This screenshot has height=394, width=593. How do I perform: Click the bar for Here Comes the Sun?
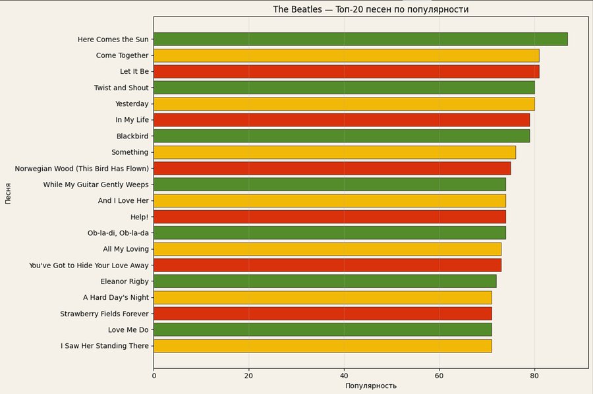click(x=360, y=40)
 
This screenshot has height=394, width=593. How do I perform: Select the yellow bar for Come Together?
click(x=346, y=55)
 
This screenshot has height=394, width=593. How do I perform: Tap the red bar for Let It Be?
click(x=346, y=71)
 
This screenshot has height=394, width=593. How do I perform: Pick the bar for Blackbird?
click(x=341, y=136)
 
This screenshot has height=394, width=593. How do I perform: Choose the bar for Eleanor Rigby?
click(x=325, y=281)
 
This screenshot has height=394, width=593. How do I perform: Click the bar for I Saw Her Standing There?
click(x=322, y=346)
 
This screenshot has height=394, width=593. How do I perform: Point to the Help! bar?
click(x=329, y=217)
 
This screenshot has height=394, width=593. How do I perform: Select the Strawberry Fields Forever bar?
click(x=322, y=314)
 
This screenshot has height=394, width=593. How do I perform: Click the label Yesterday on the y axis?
click(x=132, y=104)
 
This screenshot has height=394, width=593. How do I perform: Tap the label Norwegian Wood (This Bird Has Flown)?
click(x=82, y=169)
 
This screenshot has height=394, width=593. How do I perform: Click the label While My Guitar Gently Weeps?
click(x=96, y=184)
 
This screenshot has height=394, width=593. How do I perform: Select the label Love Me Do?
click(x=128, y=330)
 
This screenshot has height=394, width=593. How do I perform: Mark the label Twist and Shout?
click(x=121, y=88)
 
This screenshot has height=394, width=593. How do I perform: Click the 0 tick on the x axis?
click(x=154, y=376)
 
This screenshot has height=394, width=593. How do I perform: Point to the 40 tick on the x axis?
click(x=344, y=376)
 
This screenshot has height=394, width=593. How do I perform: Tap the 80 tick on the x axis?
click(x=534, y=376)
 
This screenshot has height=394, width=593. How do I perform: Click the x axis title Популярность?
click(x=371, y=386)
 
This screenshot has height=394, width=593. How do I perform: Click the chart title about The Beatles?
click(x=371, y=10)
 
